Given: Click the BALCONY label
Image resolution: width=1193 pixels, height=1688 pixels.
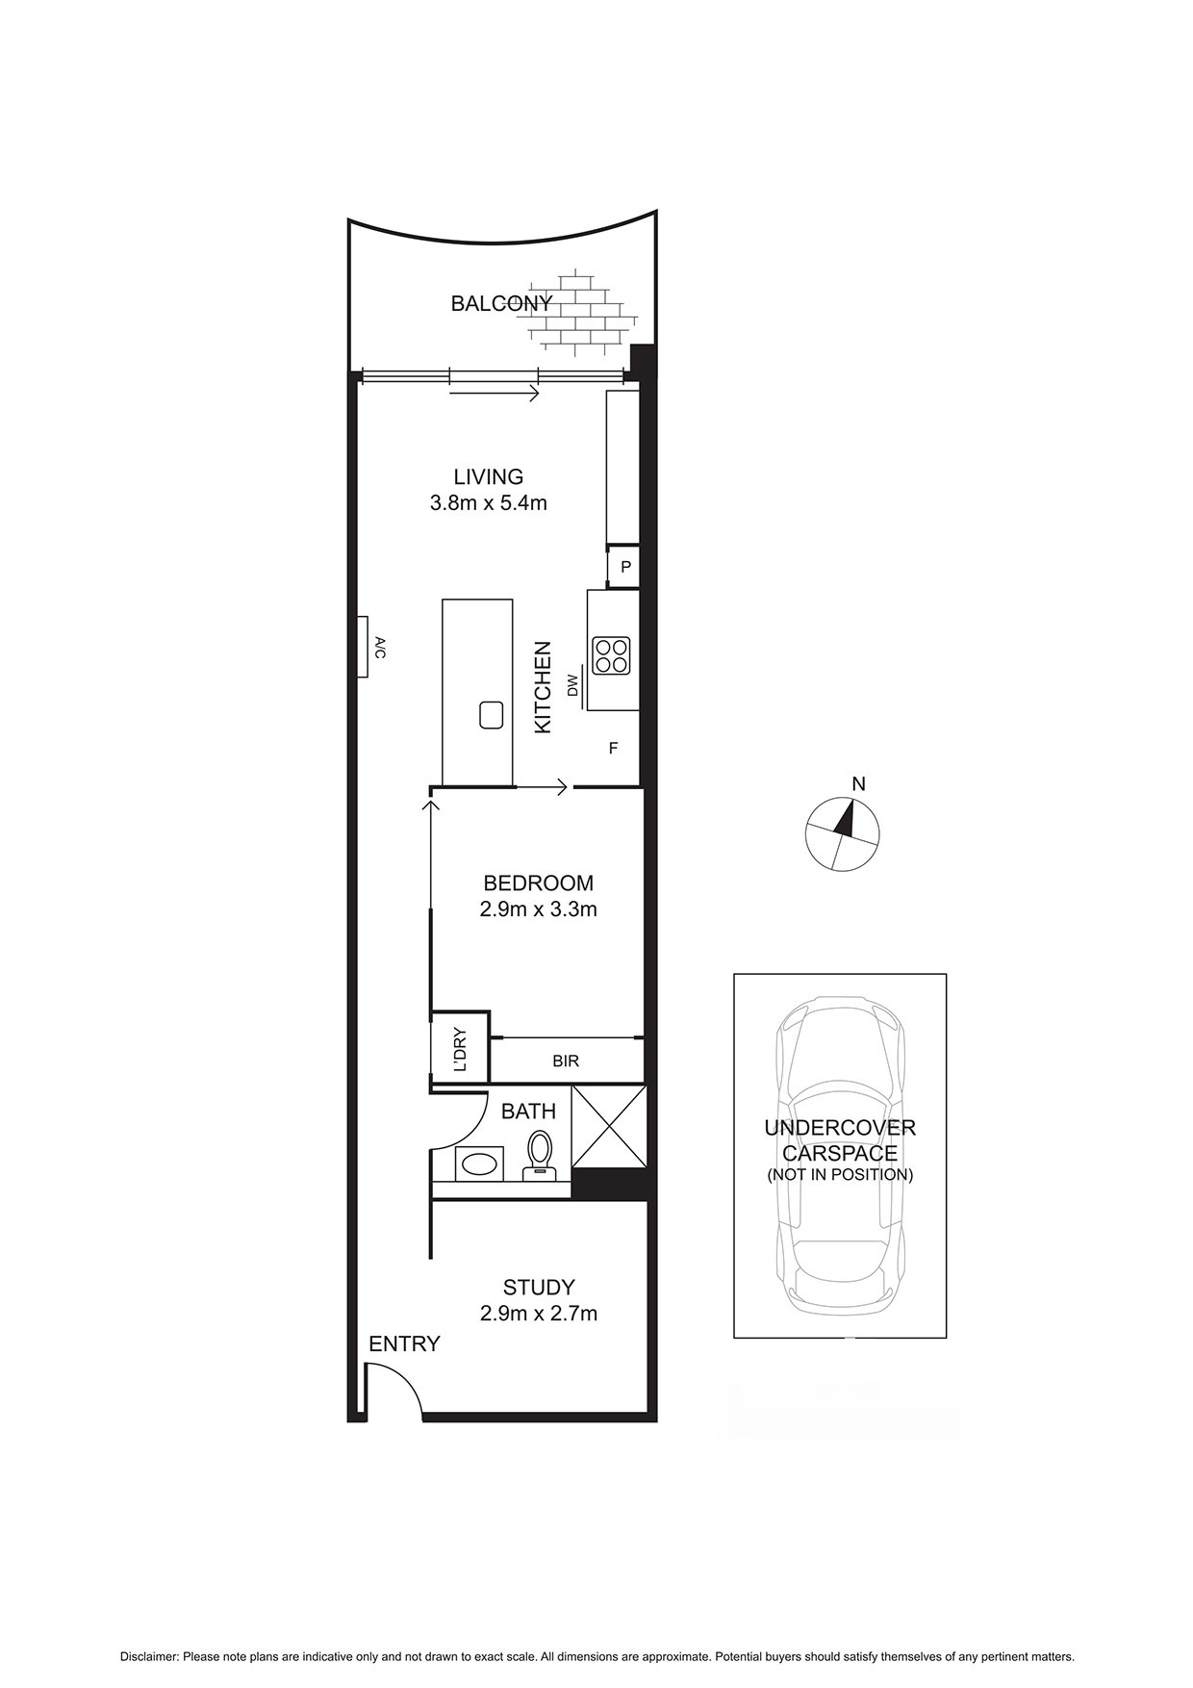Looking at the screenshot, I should click(x=501, y=304).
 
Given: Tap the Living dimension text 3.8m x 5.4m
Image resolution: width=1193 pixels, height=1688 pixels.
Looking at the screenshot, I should click(x=489, y=502).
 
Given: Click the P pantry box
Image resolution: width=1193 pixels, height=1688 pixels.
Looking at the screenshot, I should click(x=624, y=568).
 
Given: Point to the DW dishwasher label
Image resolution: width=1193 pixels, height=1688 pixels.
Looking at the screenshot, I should click(x=573, y=685).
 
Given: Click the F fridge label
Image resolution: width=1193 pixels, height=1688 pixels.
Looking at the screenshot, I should click(x=613, y=748).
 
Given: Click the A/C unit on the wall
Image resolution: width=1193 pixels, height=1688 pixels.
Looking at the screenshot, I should click(x=367, y=647).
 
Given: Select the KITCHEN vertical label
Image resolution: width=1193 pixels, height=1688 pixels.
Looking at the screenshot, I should click(x=544, y=687).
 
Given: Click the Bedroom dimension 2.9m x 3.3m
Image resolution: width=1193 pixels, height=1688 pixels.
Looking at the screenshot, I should click(x=539, y=908).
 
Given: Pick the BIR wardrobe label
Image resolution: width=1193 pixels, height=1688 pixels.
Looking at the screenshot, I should click(x=566, y=1061).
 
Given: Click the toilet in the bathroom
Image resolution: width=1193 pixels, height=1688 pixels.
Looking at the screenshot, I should click(x=539, y=1154).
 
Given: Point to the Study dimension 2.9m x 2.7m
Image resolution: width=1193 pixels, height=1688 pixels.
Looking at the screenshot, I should click(x=539, y=1313).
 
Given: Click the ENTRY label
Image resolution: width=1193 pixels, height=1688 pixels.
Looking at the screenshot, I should click(x=404, y=1344).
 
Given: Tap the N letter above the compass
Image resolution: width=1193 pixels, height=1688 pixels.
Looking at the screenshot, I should click(x=859, y=784).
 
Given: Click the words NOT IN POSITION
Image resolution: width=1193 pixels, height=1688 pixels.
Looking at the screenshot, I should click(x=839, y=1175).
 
